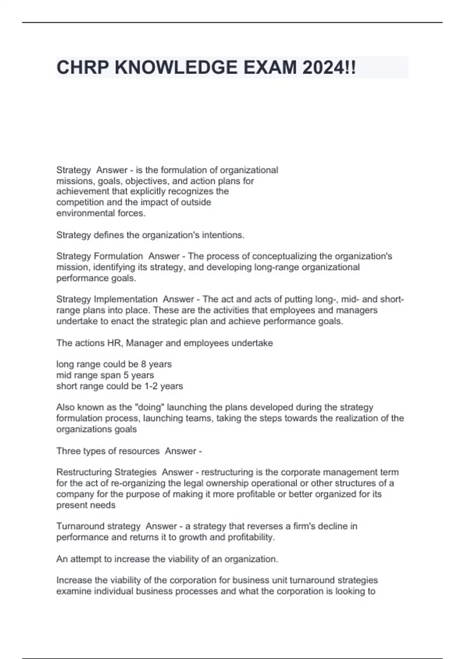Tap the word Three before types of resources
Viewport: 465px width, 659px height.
click(x=67, y=451)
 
